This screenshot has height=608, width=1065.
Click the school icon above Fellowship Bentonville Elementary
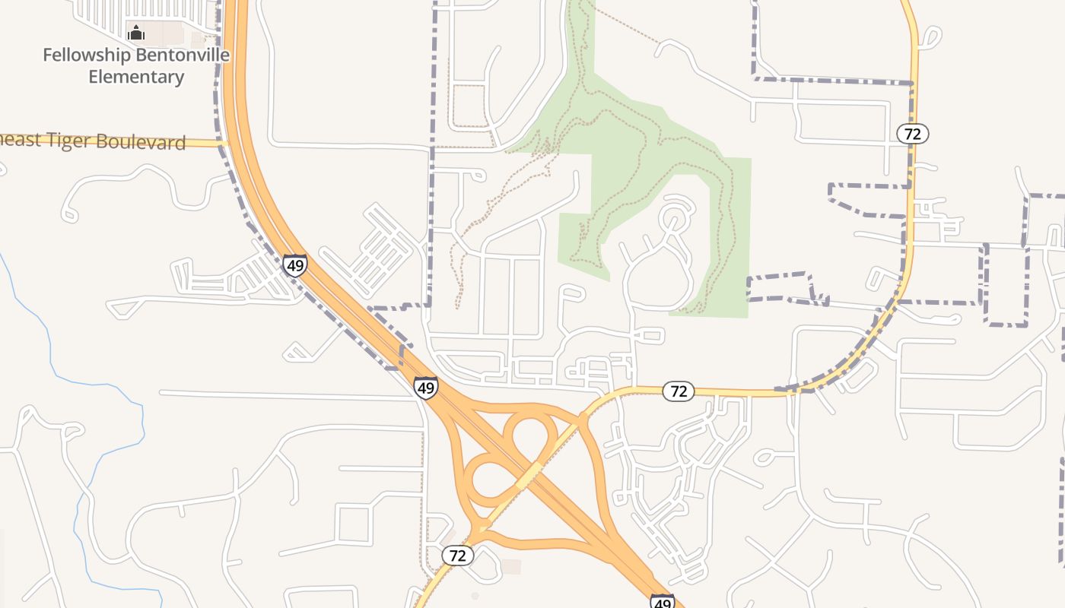[x=136, y=33]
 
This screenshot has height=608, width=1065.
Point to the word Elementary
[x=136, y=77]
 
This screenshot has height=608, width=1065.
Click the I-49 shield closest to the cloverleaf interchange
[x=426, y=388]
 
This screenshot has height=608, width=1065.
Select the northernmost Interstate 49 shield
[x=294, y=265]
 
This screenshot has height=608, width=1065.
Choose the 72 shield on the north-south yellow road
[x=912, y=135]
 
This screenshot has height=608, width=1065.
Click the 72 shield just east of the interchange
[x=678, y=391]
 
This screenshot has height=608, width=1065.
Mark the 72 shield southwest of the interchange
[x=457, y=556]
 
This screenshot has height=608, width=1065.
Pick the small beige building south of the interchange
[x=511, y=567]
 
